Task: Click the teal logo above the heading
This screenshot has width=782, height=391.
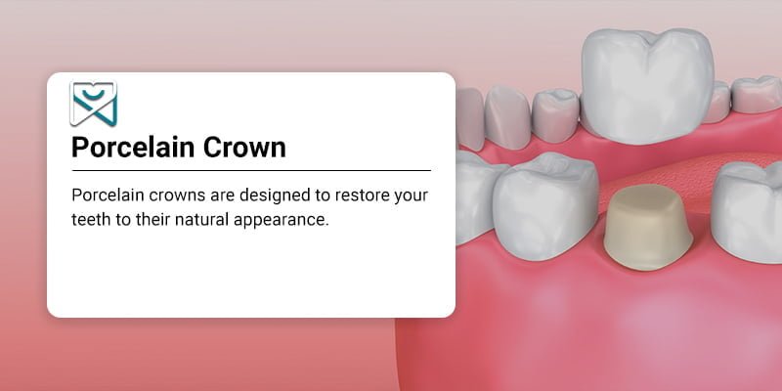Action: (93, 104)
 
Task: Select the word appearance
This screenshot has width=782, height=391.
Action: (282, 222)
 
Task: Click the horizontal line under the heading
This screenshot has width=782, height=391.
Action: (251, 170)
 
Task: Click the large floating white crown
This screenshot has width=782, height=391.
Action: (647, 86)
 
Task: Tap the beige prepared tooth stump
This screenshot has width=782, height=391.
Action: (647, 227)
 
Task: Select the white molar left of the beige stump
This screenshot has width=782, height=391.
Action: (545, 204)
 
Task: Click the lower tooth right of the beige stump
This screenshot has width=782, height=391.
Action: (747, 212)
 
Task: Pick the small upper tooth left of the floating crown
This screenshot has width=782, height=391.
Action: (555, 114)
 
